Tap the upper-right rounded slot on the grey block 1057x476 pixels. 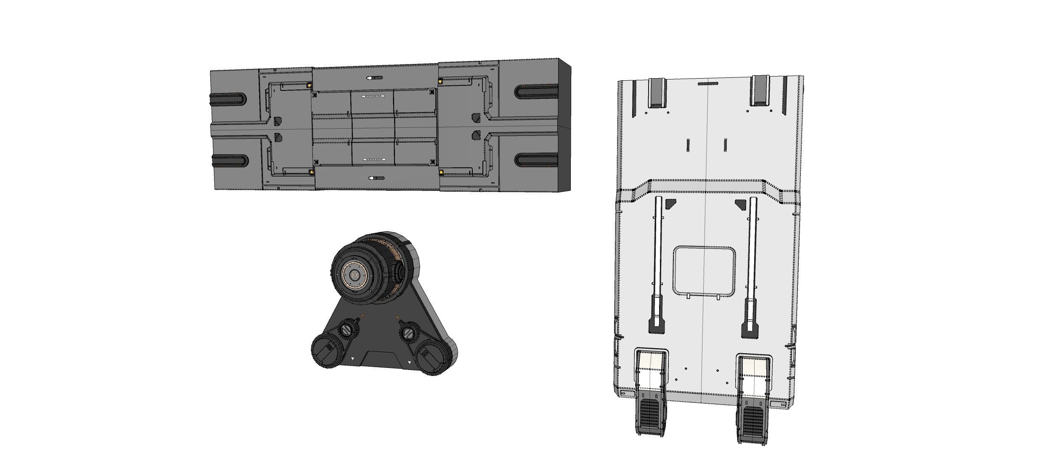coord(537,91)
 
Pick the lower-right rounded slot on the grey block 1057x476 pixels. coord(537,160)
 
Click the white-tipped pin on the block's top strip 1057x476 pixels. coord(374,78)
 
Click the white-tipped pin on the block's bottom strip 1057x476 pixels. coord(376,178)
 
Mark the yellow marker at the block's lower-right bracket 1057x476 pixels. coord(441,172)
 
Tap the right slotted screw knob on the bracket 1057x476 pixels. coord(408,334)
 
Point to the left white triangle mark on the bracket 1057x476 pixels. coord(353,359)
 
